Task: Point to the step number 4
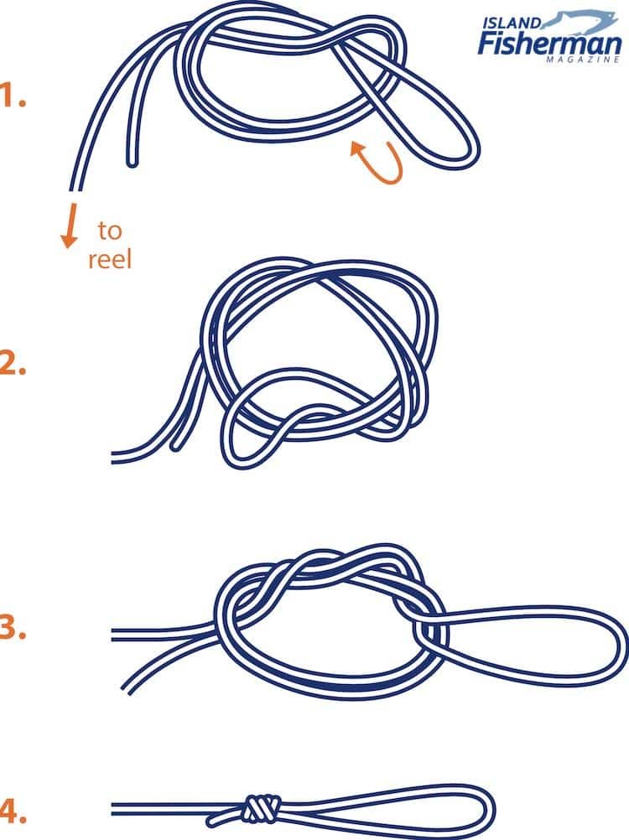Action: click(12, 811)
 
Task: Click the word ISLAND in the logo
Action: click(512, 23)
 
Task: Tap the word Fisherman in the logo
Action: click(549, 43)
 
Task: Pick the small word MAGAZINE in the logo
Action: click(584, 60)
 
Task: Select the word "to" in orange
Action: click(110, 231)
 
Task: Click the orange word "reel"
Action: click(110, 260)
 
